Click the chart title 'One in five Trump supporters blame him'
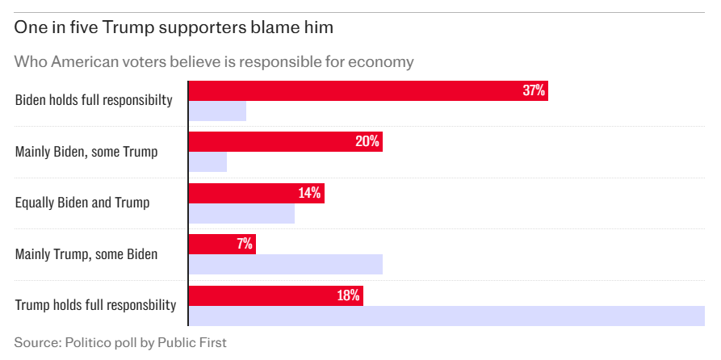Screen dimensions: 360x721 tap(174, 28)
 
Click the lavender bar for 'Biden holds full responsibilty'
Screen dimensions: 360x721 tap(217, 111)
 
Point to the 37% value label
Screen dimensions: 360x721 tap(534, 90)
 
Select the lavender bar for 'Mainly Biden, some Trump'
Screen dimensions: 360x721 tap(207, 161)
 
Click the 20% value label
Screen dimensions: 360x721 tap(367, 141)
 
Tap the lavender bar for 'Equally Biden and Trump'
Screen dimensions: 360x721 tap(241, 213)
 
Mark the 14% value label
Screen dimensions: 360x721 tap(309, 193)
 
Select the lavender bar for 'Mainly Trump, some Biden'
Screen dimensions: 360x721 tap(285, 264)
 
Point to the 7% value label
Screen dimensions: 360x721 tap(245, 244)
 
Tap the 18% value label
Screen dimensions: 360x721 tap(348, 295)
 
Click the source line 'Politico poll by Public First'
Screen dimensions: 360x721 tap(120, 342)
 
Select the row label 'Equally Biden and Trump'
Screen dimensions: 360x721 tap(82, 203)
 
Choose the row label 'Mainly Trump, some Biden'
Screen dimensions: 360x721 tap(86, 254)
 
